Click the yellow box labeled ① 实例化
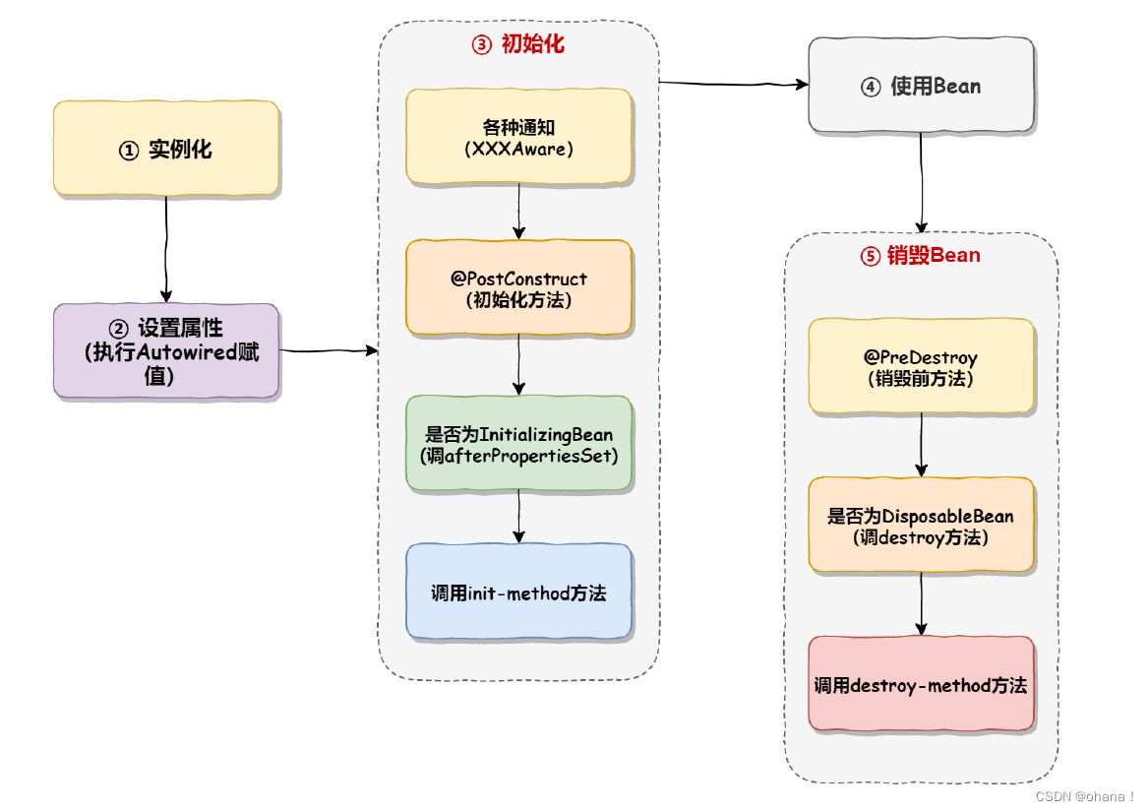coord(165,149)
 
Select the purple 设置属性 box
coord(165,350)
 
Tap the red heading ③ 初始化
coord(518,44)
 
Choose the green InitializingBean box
coord(518,444)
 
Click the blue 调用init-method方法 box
coord(518,593)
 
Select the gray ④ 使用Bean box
coord(921,86)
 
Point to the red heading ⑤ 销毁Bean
coord(921,256)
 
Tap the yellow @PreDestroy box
coord(921,366)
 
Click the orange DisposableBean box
coord(921,526)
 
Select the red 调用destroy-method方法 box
coord(921,684)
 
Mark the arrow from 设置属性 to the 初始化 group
coord(329,350)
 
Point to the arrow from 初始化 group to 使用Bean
coord(733,85)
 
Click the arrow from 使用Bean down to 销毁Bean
coord(922,183)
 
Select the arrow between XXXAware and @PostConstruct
coord(518,212)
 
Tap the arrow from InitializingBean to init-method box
coord(518,517)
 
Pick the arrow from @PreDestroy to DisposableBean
coord(922,445)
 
